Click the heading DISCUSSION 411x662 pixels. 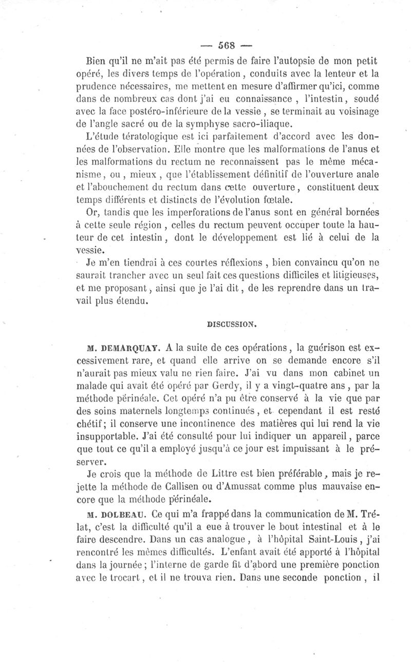coord(231,325)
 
